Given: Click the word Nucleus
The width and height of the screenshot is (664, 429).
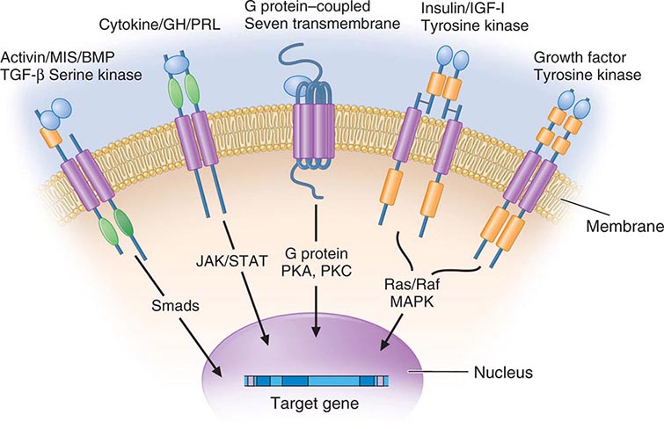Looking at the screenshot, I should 504,373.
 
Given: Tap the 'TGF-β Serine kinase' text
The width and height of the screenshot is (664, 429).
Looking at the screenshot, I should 73,74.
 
